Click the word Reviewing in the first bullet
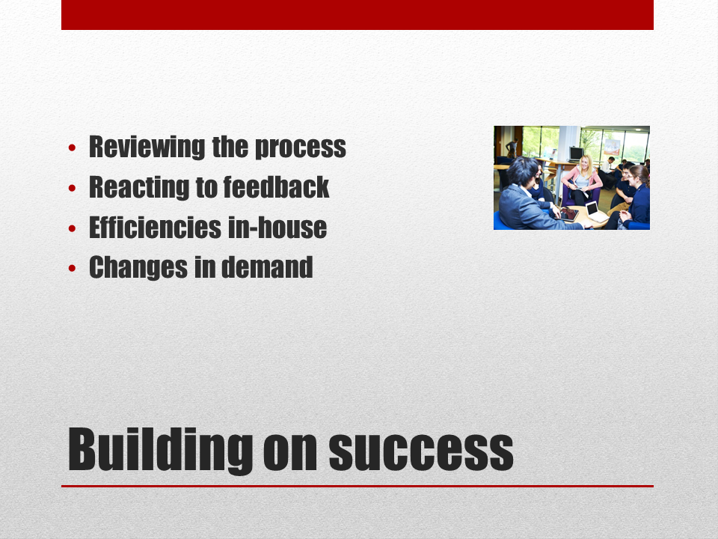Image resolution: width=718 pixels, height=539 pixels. point(147,147)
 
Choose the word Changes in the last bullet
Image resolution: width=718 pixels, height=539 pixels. point(138,268)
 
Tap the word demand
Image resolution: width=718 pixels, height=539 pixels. point(268,267)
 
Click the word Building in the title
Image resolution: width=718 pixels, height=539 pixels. point(160,451)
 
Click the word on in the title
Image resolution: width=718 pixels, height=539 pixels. point(290,452)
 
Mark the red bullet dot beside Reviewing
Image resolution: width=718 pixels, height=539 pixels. point(72,147)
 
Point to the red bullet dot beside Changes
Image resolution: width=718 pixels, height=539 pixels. point(72,268)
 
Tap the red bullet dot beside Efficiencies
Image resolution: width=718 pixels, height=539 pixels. point(72,228)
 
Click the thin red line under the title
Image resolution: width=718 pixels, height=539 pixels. point(358,486)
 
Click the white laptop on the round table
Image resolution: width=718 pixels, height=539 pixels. point(596,211)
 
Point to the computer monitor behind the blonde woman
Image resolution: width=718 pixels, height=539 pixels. point(576,153)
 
